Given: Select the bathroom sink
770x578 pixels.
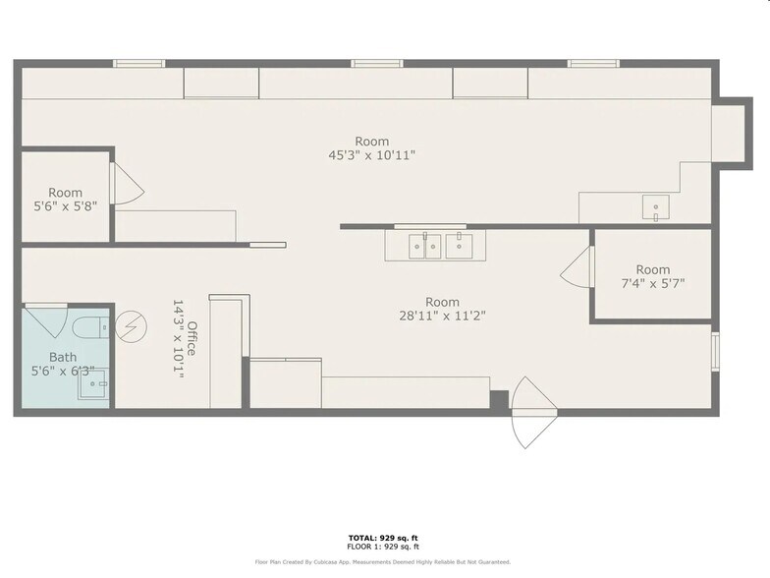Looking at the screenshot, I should tap(95, 385).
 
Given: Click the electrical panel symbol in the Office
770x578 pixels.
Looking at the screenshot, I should tap(130, 326).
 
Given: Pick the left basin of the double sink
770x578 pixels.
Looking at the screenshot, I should tap(425, 245).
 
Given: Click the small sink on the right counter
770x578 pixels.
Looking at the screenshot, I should tap(655, 208).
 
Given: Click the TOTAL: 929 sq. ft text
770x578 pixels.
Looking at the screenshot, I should tap(384, 538).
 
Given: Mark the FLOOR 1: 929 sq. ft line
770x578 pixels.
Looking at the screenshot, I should tap(384, 547).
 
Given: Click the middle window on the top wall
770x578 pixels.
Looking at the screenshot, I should tap(377, 64).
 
